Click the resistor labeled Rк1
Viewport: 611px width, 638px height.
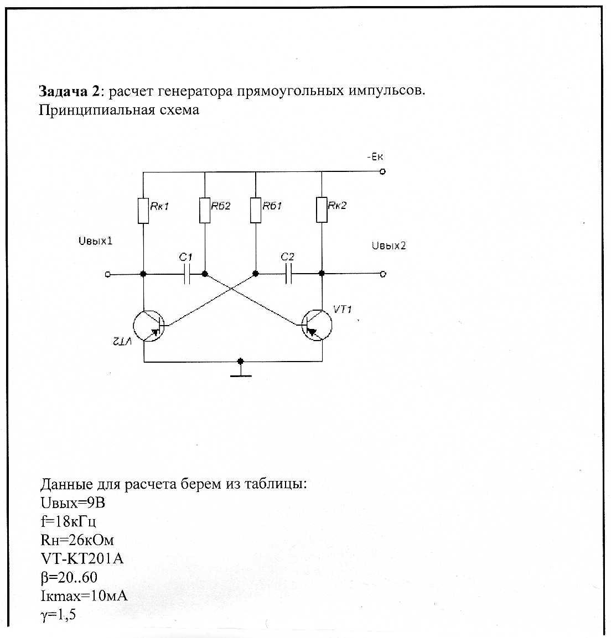tap(143, 210)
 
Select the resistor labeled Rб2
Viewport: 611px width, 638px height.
tap(205, 210)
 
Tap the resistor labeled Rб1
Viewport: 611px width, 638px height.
tap(255, 210)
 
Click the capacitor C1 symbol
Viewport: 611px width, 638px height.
tap(187, 274)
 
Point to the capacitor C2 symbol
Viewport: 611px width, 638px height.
tap(288, 274)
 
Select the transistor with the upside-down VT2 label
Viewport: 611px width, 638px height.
tap(149, 326)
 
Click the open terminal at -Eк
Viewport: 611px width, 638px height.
tap(382, 171)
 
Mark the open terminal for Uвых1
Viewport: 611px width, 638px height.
tap(108, 274)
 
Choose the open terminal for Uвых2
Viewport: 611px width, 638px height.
tap(383, 274)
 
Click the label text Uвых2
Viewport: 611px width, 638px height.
tap(389, 246)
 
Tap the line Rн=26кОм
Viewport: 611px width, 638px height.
tap(77, 540)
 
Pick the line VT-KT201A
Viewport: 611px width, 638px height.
tap(82, 558)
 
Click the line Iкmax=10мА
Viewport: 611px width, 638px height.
tap(84, 596)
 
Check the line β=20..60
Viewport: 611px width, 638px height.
tap(69, 577)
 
